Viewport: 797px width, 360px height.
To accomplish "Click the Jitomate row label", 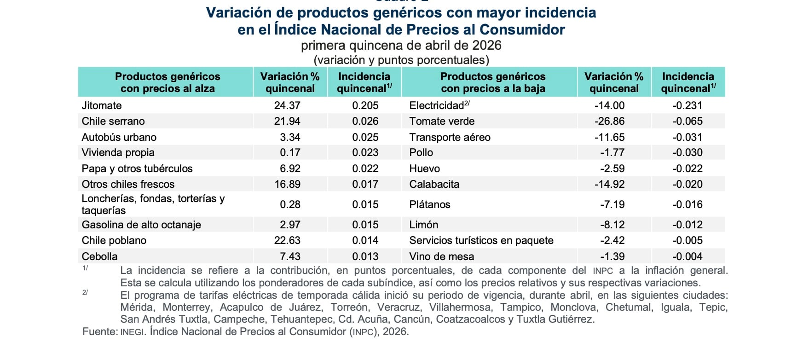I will point(102,105).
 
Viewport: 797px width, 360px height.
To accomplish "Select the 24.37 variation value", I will point(287,105).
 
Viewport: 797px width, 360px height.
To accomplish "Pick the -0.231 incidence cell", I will point(687,105).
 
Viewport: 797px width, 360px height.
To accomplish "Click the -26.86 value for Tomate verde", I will point(609,121).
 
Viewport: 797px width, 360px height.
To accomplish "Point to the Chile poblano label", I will point(114,240).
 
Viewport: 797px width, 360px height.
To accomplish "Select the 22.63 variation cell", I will point(287,240).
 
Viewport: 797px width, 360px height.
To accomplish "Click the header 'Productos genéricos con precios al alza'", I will point(167,82).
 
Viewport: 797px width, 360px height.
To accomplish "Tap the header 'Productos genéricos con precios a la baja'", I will point(492,82).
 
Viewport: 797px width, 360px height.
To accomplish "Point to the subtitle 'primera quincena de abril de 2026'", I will point(401,45).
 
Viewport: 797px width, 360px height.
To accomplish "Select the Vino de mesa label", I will point(441,256).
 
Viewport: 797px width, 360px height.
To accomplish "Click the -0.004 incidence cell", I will point(687,256).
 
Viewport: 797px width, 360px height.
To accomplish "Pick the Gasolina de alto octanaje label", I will point(141,225).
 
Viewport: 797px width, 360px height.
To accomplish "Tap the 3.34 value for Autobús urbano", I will point(290,137).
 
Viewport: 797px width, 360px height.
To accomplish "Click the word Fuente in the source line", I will point(99,331).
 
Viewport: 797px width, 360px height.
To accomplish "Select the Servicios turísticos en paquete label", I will point(481,240).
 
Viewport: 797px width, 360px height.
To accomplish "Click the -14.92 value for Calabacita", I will point(609,184).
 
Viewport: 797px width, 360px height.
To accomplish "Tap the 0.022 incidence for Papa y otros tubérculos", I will point(365,168).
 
